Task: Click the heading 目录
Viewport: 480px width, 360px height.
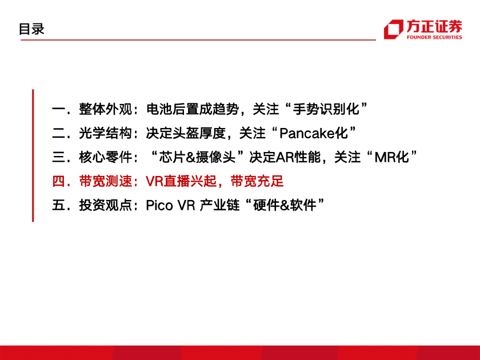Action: [32, 29]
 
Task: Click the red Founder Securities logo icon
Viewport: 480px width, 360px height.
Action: [393, 29]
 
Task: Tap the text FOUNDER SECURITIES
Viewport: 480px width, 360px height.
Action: [434, 37]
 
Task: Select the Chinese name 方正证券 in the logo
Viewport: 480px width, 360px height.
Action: [434, 26]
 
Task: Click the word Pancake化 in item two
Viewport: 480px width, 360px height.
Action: [314, 133]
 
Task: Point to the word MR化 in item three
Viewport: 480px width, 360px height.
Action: [392, 157]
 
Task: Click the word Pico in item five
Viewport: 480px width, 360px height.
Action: [159, 205]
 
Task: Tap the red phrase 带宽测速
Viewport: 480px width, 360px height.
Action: [105, 181]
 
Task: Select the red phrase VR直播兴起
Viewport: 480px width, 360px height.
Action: [181, 181]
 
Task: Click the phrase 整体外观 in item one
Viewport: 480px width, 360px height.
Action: [105, 109]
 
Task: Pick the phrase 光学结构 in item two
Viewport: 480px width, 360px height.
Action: [105, 133]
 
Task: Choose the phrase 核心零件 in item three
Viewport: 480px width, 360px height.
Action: [105, 157]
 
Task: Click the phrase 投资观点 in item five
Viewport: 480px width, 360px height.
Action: [105, 205]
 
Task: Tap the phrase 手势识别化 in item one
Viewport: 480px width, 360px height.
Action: [326, 109]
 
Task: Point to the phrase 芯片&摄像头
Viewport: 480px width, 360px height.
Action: [197, 157]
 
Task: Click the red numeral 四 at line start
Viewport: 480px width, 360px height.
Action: [59, 181]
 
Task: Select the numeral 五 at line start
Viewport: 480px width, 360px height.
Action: [59, 205]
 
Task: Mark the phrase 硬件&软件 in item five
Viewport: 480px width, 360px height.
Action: [285, 205]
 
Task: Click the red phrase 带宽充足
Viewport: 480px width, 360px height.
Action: [257, 181]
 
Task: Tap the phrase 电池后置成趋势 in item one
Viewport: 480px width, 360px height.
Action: [192, 109]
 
